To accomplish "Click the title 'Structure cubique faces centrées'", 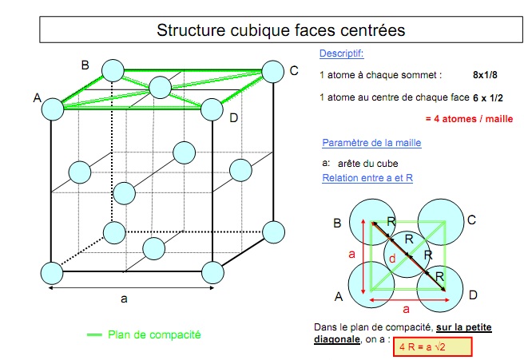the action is [x=280, y=30].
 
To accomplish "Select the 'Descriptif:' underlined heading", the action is [x=341, y=53].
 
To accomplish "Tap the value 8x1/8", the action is [x=485, y=75].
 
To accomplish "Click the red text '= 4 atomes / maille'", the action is [x=469, y=118].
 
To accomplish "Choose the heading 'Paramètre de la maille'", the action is [x=371, y=143].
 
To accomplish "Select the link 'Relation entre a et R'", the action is [x=367, y=178].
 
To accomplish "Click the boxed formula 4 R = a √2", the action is [x=432, y=347].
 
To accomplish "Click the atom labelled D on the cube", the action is [x=212, y=109].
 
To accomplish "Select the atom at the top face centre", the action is [x=161, y=87].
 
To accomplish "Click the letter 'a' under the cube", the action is [x=124, y=299].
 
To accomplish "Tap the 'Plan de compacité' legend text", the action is [x=154, y=334].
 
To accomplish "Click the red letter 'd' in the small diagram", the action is [x=392, y=259].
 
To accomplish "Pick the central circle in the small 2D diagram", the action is [x=407, y=254].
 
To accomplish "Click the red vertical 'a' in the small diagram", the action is [x=351, y=255].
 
